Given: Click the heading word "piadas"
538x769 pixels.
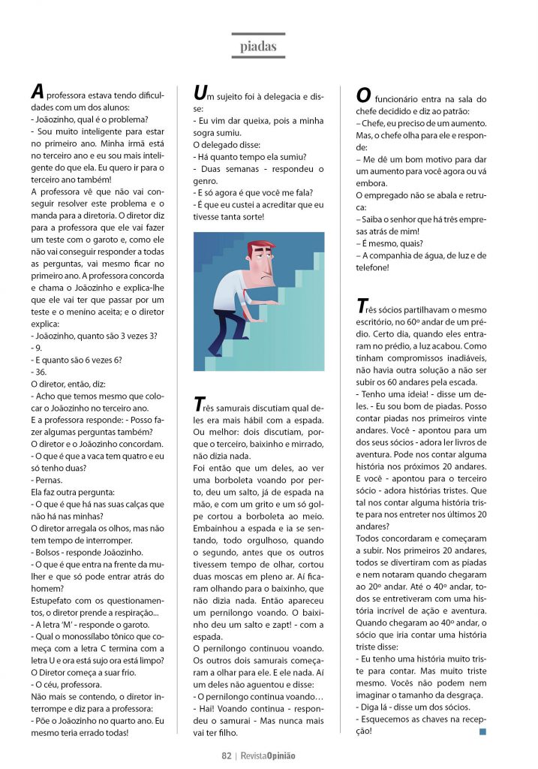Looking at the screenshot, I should click(x=258, y=47).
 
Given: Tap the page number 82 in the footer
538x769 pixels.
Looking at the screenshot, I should click(x=225, y=755).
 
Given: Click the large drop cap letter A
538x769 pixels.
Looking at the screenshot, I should click(x=37, y=92).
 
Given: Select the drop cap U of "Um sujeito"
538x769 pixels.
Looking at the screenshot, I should click(x=200, y=92).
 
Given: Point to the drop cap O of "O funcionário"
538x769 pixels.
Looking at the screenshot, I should click(x=363, y=96).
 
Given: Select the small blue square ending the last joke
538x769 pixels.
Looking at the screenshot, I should click(x=482, y=731).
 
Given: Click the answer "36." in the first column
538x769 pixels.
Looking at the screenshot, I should click(x=39, y=371).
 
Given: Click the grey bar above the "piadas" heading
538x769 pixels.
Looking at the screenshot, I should click(x=258, y=34).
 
